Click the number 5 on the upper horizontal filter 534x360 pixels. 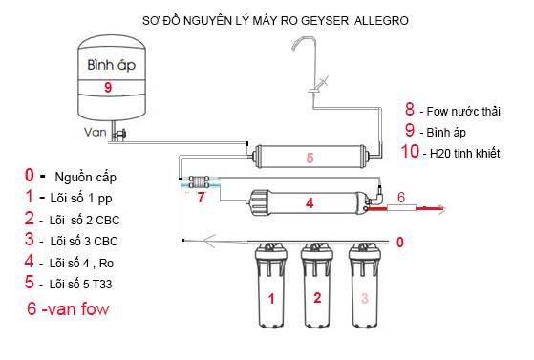coord(309,157)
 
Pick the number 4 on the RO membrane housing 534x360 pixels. coord(310,202)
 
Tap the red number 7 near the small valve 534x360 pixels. coord(201,199)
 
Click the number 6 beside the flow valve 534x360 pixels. coord(401,197)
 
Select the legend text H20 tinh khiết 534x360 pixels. coord(464,153)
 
